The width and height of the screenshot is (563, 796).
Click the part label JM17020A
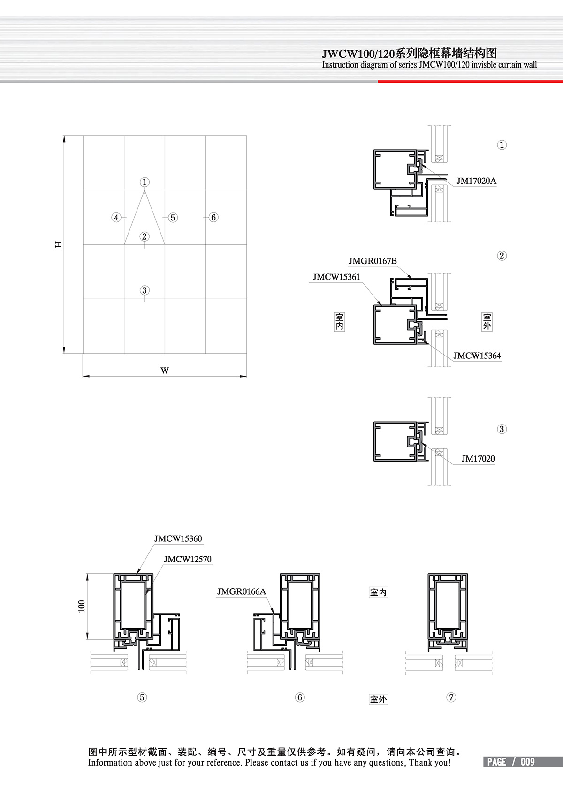476,181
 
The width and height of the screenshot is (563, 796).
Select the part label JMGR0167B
373,261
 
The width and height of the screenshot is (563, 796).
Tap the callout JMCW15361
336,277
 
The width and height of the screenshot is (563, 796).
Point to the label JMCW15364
477,356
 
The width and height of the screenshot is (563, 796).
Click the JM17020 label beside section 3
478,459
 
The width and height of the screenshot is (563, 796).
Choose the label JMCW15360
178,539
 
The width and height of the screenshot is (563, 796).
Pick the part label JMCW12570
188,559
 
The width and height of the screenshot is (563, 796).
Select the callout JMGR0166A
242,591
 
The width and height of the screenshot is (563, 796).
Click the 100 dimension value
82,606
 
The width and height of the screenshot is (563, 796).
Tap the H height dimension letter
58,244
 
